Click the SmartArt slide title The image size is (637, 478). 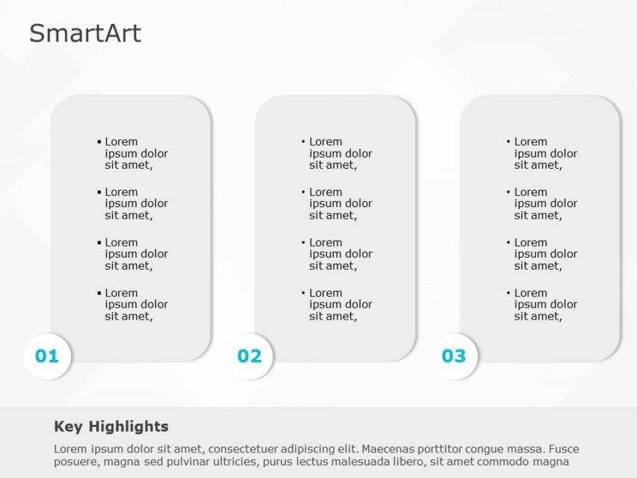pyautogui.click(x=85, y=34)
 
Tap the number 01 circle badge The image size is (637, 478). pyautogui.click(x=47, y=356)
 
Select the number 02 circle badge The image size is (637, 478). pyautogui.click(x=249, y=356)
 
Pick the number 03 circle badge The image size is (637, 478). pyautogui.click(x=454, y=356)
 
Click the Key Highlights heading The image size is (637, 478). pyautogui.click(x=111, y=426)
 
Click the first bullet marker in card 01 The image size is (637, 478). pyautogui.click(x=99, y=141)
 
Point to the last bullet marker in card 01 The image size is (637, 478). pyautogui.click(x=99, y=293)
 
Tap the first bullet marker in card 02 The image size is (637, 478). pyautogui.click(x=303, y=141)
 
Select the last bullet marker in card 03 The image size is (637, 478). pyautogui.click(x=508, y=293)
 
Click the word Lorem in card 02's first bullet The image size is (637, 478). pyautogui.click(x=326, y=141)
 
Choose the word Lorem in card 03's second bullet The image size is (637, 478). pyautogui.click(x=530, y=192)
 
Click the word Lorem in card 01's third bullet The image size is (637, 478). pyautogui.click(x=121, y=242)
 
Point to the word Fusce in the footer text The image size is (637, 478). pyautogui.click(x=563, y=450)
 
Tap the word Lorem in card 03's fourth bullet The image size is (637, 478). pyautogui.click(x=530, y=293)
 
